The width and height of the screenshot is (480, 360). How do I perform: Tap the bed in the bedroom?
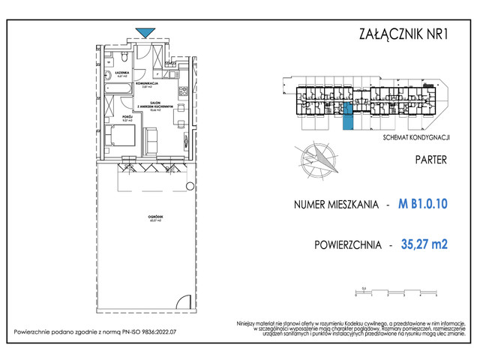pos(122,138)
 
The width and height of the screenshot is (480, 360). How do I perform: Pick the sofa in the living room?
pos(150,139)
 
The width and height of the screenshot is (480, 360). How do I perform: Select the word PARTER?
pos(431,160)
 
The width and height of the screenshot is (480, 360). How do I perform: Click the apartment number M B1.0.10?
pos(423,203)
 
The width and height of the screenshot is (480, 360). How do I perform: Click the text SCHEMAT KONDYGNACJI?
pos(415,138)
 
